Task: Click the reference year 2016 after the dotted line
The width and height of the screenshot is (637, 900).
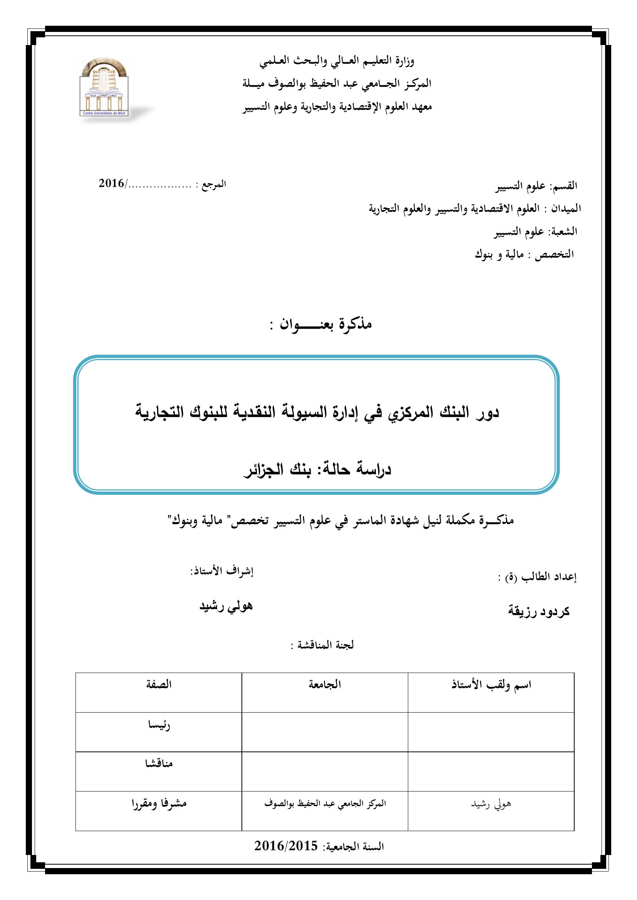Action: [x=111, y=184]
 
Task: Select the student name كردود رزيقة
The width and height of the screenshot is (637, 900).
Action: [x=538, y=611]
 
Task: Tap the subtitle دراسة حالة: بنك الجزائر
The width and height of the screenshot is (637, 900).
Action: [x=318, y=470]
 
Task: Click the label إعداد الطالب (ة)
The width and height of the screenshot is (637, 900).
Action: [x=537, y=578]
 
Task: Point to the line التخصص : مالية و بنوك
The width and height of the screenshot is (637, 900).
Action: [x=524, y=254]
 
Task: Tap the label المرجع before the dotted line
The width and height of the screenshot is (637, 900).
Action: [x=212, y=184]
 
